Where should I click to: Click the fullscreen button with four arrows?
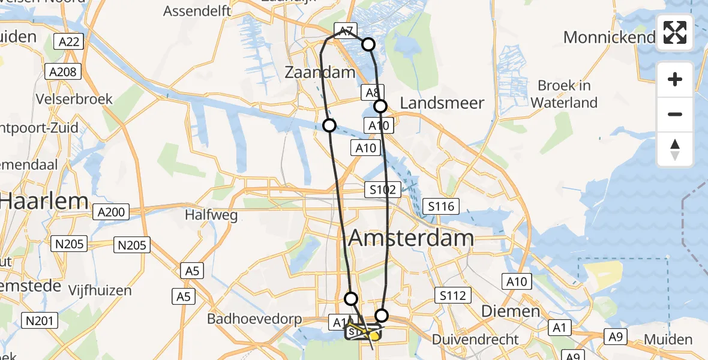(x=675, y=32)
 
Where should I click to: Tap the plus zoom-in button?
(x=675, y=80)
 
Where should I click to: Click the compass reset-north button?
(x=675, y=149)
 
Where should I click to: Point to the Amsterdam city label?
(x=411, y=238)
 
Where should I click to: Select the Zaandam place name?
(x=320, y=73)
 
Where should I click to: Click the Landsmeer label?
(x=442, y=103)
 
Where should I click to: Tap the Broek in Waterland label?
(x=564, y=94)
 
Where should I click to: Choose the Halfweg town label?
(x=211, y=215)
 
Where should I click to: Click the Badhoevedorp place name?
(x=254, y=319)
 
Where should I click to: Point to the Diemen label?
(x=502, y=311)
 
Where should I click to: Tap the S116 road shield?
(x=441, y=207)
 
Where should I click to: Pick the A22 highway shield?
(x=69, y=41)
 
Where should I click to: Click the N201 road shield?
(x=41, y=321)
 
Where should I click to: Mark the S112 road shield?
(x=453, y=295)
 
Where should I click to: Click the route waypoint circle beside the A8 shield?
(x=380, y=106)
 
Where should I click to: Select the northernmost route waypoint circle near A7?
(x=368, y=44)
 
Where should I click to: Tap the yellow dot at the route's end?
(x=374, y=337)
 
